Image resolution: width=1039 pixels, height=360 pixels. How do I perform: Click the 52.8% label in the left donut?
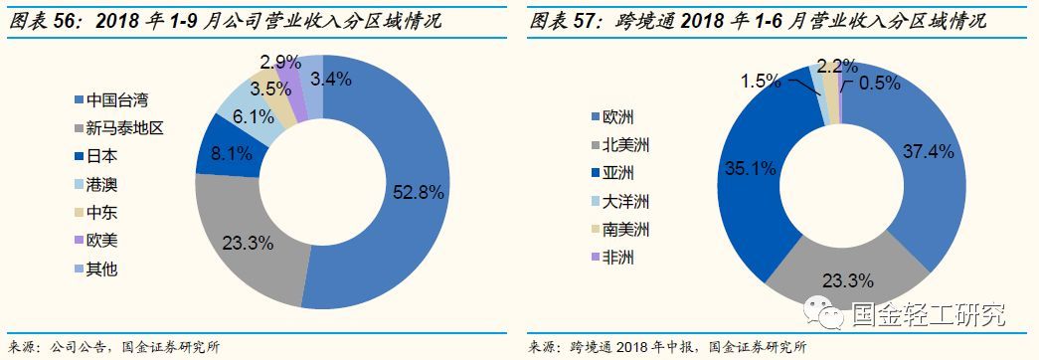point(418,193)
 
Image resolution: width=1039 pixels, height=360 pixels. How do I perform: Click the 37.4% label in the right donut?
point(929,151)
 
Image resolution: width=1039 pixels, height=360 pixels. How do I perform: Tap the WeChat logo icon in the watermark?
point(827,313)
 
